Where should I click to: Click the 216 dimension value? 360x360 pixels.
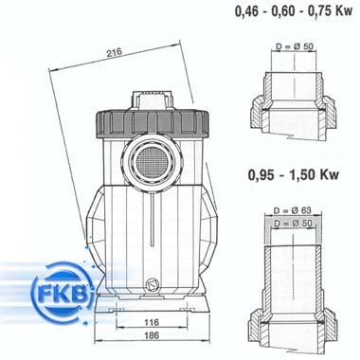point(114,52)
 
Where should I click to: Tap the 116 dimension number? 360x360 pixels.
point(152,322)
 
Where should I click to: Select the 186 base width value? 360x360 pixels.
point(152,334)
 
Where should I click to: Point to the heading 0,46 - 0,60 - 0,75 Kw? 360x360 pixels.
point(294,11)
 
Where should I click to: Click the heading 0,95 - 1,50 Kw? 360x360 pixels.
point(294,174)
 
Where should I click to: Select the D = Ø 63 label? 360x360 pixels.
point(293,210)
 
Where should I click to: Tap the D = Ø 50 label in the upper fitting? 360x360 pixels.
point(295,46)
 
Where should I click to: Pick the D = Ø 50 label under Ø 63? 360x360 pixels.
point(293,223)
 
